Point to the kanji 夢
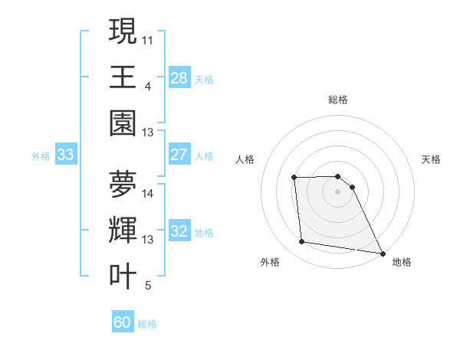(123, 184)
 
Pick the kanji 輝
(123, 230)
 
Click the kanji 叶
(123, 276)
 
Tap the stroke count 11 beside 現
(148, 39)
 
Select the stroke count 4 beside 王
(147, 85)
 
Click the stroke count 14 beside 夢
(148, 194)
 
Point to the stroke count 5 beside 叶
(147, 286)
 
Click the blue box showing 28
(179, 77)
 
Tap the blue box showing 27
(179, 155)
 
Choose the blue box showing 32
(179, 231)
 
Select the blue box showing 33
(65, 155)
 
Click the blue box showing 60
(123, 322)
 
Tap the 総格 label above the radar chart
(337, 100)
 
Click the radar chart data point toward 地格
(383, 253)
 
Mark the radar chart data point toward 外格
(302, 242)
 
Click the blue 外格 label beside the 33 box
(41, 156)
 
